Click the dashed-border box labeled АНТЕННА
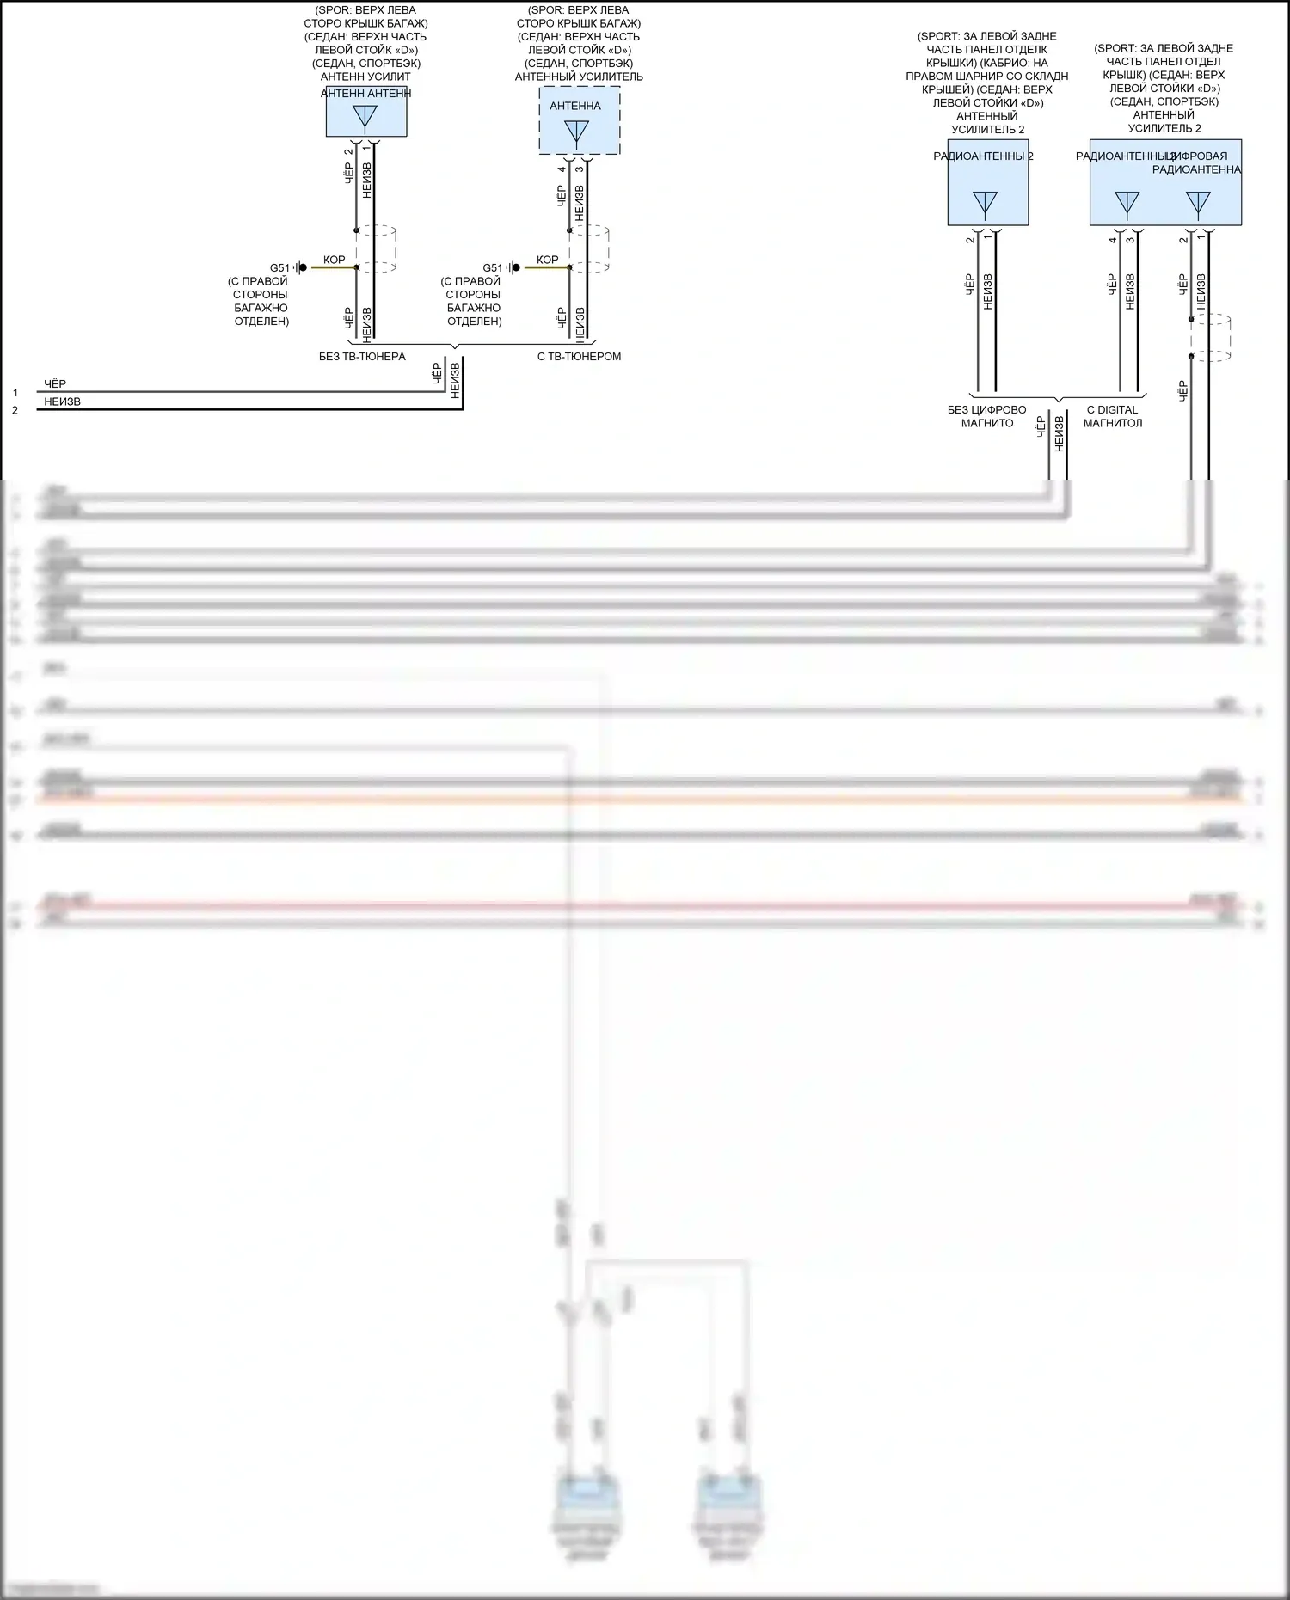pyautogui.click(x=579, y=120)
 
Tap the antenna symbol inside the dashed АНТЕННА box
pyautogui.click(x=577, y=132)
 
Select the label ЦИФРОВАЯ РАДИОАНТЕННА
pyautogui.click(x=1196, y=162)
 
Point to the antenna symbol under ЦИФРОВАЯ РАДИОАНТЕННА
pyautogui.click(x=1198, y=204)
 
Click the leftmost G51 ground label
pyautogui.click(x=279, y=268)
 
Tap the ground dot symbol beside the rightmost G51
pyautogui.click(x=516, y=268)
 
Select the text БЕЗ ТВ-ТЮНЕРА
pyautogui.click(x=362, y=357)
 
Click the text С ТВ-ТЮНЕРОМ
pyautogui.click(x=579, y=357)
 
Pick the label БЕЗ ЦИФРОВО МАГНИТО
pyautogui.click(x=987, y=416)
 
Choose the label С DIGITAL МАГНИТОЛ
pyautogui.click(x=1113, y=416)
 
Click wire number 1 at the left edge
pyautogui.click(x=15, y=393)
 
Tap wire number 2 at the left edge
pyautogui.click(x=15, y=411)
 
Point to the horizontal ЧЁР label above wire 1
pyautogui.click(x=55, y=383)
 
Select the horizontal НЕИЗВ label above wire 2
pyautogui.click(x=63, y=402)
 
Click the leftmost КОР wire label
pyautogui.click(x=334, y=260)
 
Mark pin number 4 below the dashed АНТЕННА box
pyautogui.click(x=562, y=169)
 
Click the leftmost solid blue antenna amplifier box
pyautogui.click(x=366, y=112)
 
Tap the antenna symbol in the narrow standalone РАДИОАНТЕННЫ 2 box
pyautogui.click(x=985, y=204)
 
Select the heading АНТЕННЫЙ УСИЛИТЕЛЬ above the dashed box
pyautogui.click(x=579, y=77)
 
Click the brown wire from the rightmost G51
pyautogui.click(x=547, y=268)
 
